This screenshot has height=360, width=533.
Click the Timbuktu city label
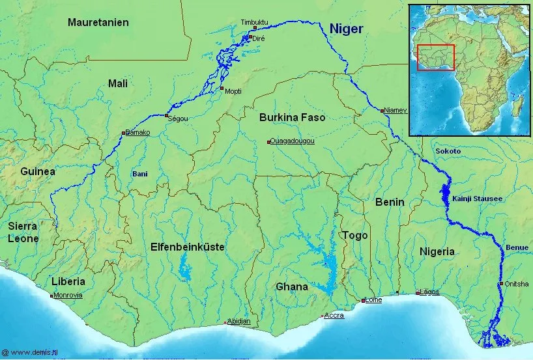pyautogui.click(x=254, y=21)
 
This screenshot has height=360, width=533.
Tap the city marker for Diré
pyautogui.click(x=250, y=38)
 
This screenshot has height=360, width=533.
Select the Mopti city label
pyautogui.click(x=233, y=91)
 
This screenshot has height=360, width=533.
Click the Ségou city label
pyautogui.click(x=178, y=119)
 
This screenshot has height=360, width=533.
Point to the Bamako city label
pyautogui.click(x=137, y=133)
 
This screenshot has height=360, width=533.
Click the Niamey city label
pyautogui.click(x=395, y=111)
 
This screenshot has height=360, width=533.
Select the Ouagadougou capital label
pyautogui.click(x=292, y=141)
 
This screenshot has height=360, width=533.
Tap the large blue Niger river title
pyautogui.click(x=346, y=29)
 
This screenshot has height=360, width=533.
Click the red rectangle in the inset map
pyautogui.click(x=435, y=57)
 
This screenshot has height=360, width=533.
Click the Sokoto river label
pyautogui.click(x=448, y=151)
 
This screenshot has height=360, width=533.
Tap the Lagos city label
pyautogui.click(x=429, y=292)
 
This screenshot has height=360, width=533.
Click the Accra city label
pyautogui.click(x=334, y=316)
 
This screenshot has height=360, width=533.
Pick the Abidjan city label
pyautogui.click(x=238, y=321)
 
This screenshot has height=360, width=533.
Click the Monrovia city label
pyautogui.click(x=68, y=295)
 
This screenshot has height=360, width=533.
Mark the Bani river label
pyautogui.click(x=140, y=174)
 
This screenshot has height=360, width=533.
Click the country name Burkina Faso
pyautogui.click(x=292, y=118)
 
